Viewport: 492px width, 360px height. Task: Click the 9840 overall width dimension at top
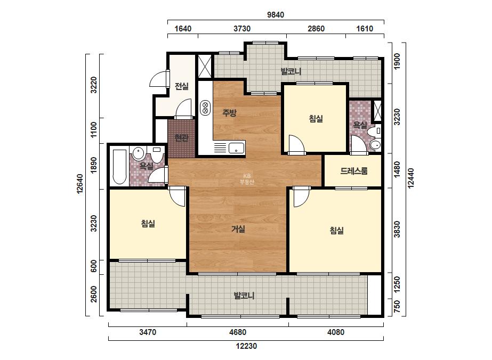[x=276, y=15]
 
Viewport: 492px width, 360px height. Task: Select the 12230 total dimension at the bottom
[x=246, y=346]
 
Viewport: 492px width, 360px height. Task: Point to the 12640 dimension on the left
[x=80, y=184]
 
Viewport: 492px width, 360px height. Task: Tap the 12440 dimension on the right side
[x=411, y=178]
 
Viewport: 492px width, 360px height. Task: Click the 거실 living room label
[x=238, y=229]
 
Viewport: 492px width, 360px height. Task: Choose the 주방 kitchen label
[x=229, y=112]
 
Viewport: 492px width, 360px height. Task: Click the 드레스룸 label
[x=353, y=171]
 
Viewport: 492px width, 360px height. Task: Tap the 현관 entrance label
[x=181, y=138]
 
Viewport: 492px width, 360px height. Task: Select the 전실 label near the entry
[x=182, y=86]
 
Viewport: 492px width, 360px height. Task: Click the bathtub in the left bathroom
[x=119, y=167]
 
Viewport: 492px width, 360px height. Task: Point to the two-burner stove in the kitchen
[x=205, y=108]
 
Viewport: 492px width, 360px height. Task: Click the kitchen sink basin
[x=236, y=148]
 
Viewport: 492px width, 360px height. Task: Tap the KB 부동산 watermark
[x=247, y=179]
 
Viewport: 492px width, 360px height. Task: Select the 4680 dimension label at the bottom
[x=238, y=332]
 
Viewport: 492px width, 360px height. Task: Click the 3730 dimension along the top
[x=242, y=29]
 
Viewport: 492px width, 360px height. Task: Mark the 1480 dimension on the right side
[x=397, y=170]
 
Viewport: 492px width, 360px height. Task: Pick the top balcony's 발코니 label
[x=291, y=71]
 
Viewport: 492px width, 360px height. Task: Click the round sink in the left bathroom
[x=138, y=154]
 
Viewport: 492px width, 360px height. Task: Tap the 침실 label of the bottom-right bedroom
[x=336, y=231]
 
